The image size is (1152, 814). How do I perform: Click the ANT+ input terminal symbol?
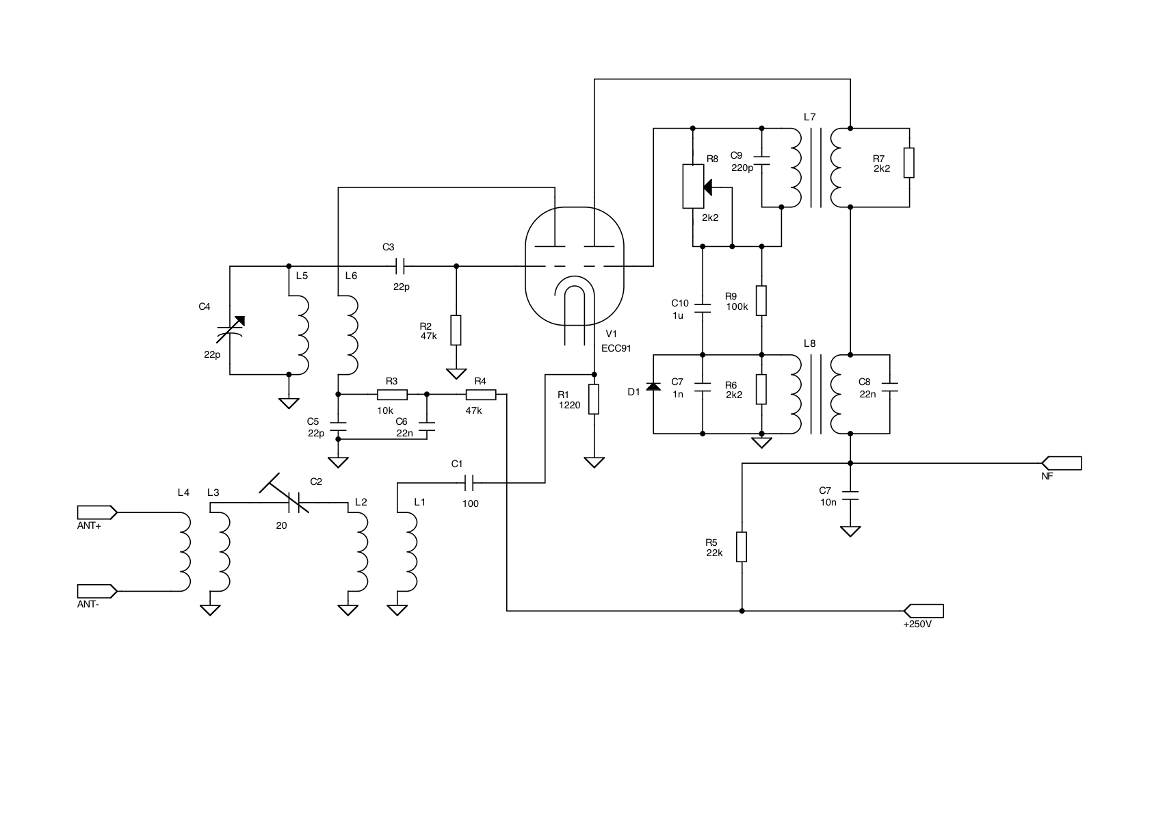(96, 512)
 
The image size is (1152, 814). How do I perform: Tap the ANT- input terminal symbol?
(96, 590)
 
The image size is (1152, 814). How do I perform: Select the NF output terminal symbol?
(1061, 463)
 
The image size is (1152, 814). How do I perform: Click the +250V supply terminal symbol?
(924, 610)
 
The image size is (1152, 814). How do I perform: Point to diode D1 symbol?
(654, 387)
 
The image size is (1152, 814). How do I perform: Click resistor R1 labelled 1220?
(594, 399)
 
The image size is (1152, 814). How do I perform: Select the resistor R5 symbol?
(742, 547)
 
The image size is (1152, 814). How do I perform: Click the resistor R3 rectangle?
(392, 394)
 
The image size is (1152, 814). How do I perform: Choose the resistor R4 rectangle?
(481, 394)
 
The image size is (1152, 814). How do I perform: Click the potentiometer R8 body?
(693, 186)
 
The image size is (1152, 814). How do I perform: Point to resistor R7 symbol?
(909, 163)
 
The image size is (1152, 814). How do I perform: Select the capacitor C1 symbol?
(469, 483)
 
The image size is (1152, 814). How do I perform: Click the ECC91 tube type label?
(616, 348)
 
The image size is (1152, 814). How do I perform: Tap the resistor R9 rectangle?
(761, 300)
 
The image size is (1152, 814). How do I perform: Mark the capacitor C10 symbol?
(703, 306)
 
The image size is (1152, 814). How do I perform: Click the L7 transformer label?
(810, 117)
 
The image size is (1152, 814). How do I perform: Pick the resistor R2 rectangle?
(456, 330)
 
